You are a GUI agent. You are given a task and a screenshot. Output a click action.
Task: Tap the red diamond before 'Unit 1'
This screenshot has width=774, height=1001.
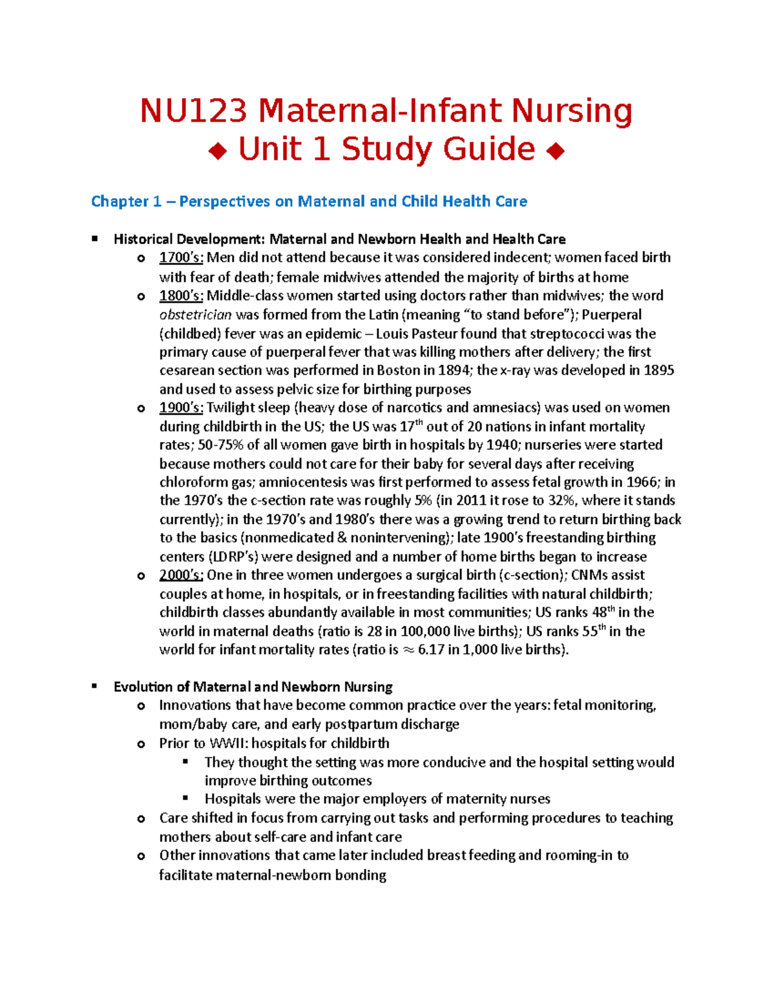click(x=217, y=152)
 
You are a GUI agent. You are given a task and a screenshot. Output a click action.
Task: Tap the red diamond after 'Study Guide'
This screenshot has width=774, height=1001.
click(x=555, y=152)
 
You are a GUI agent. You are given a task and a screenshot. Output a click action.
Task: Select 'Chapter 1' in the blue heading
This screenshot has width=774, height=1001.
click(x=126, y=202)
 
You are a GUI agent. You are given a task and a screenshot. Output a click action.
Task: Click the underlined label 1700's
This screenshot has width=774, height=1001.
click(x=181, y=258)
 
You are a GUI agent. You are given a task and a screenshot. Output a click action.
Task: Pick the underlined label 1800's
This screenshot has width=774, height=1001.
click(x=181, y=296)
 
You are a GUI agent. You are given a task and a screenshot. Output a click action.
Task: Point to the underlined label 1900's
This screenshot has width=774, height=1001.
click(x=181, y=408)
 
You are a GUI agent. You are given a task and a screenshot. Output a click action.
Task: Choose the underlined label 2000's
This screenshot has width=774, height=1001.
click(x=181, y=575)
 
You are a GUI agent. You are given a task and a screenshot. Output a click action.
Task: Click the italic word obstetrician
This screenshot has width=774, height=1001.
click(x=195, y=315)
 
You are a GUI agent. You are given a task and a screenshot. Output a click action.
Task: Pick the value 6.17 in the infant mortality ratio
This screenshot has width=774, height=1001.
click(x=431, y=650)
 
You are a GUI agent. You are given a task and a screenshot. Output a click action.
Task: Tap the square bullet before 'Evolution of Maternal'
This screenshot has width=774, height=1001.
click(x=95, y=686)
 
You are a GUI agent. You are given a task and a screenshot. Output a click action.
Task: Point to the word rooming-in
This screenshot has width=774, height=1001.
click(x=579, y=855)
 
